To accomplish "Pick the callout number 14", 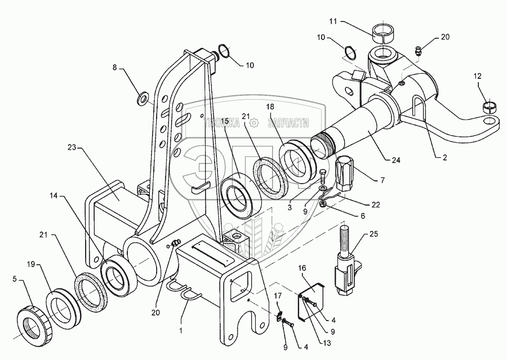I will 54,197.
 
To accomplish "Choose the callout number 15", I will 224,121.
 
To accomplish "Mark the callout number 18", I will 269,106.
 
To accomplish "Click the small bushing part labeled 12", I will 491,105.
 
